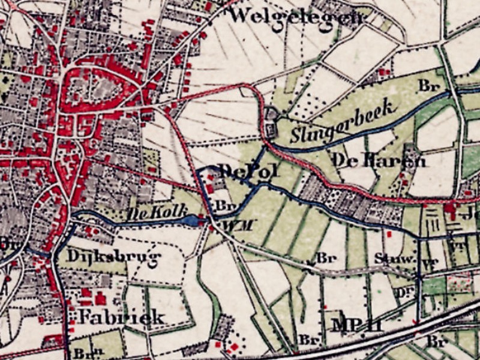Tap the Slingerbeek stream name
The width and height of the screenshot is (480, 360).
[x=344, y=122]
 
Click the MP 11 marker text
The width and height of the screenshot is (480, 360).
[x=357, y=326]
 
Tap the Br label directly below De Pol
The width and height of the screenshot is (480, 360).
[x=223, y=206]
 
